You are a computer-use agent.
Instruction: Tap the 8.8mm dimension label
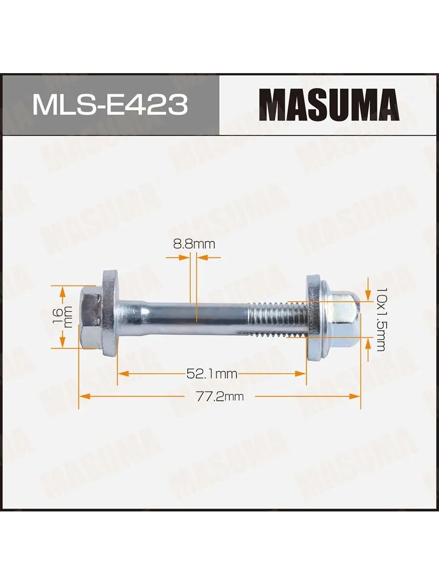[194, 244]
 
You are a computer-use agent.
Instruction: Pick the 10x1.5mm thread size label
[380, 319]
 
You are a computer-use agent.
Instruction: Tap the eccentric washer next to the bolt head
[109, 313]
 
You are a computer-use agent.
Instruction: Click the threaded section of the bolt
[277, 319]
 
